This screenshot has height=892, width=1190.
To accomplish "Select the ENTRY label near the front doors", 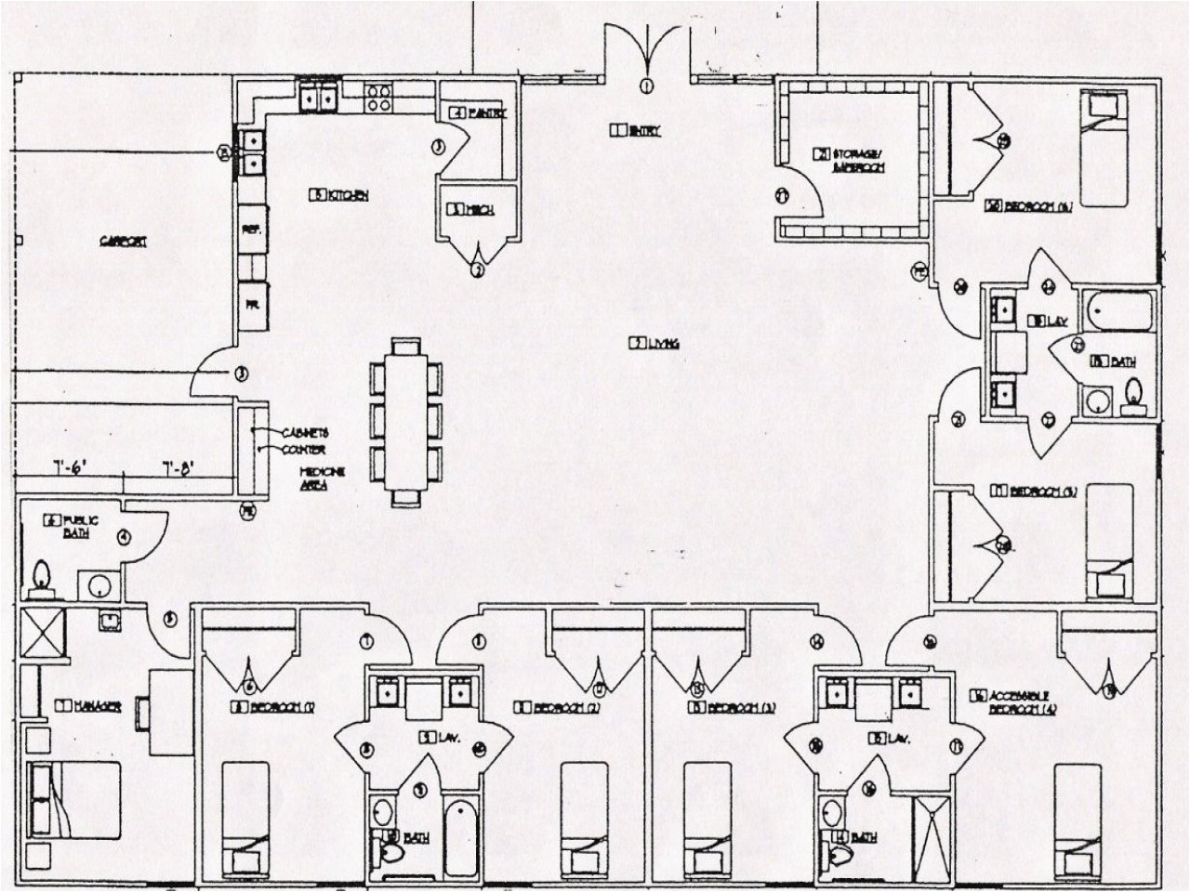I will tap(636, 131).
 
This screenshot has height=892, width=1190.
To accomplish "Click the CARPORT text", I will tap(124, 242).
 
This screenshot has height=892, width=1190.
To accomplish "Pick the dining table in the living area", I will tap(406, 422).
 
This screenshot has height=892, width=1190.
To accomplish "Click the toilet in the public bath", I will tap(40, 581).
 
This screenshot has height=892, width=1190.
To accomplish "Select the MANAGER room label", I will tap(89, 708).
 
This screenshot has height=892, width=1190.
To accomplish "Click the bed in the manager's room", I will tap(74, 799).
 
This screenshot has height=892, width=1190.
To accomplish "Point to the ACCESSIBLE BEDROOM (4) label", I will tap(1009, 702).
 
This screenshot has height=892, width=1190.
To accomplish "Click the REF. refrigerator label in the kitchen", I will tap(251, 230).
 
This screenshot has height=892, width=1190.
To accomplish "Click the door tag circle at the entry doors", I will tap(646, 86).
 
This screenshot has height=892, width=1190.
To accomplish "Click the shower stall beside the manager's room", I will tap(42, 633).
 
